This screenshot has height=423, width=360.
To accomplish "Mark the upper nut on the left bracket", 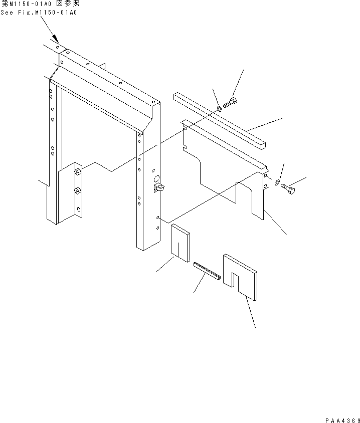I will (x=78, y=172).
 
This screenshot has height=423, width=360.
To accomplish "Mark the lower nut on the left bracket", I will (x=78, y=190).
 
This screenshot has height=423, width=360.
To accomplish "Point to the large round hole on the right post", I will (x=156, y=179).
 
